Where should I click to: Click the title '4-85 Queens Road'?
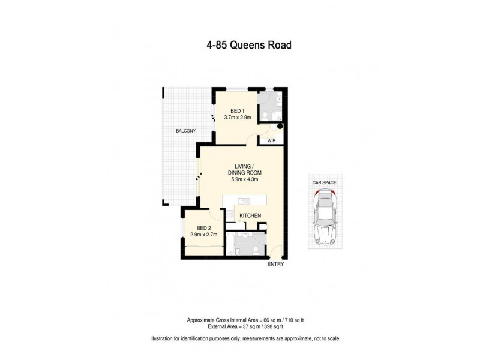(240, 44)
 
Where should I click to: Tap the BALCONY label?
(186, 131)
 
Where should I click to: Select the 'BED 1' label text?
(237, 111)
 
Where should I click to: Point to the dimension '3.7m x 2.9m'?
(237, 118)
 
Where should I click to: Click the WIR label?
(271, 141)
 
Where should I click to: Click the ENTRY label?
(275, 264)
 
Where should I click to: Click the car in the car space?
(325, 216)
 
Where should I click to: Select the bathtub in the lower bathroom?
(230, 244)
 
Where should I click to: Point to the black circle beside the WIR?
(278, 127)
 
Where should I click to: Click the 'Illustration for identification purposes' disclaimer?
(240, 339)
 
